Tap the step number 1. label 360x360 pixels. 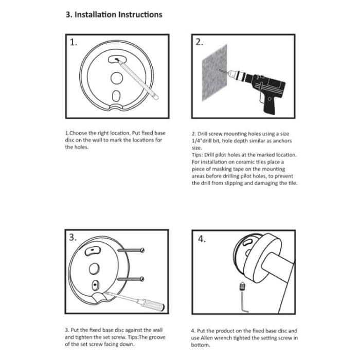74,43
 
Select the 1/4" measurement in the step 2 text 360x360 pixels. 198,139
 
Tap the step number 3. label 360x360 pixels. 74,237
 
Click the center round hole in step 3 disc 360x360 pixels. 94,267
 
